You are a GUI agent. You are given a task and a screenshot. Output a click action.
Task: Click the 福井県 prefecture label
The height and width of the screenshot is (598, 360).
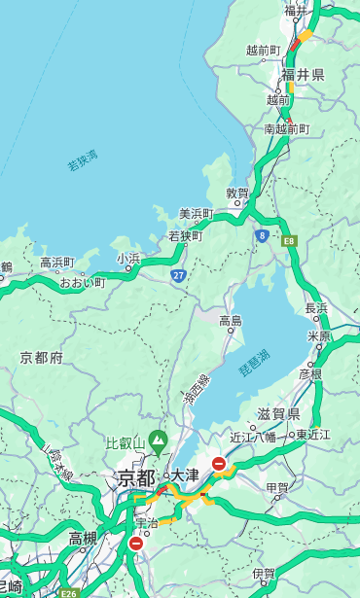coord(303,75)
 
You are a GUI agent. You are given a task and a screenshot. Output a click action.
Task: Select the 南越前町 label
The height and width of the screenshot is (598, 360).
coord(286,128)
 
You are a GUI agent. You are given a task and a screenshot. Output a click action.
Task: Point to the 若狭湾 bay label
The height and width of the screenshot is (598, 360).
coord(82,160)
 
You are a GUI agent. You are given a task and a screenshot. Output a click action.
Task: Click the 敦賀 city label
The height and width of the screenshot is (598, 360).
coord(237,193)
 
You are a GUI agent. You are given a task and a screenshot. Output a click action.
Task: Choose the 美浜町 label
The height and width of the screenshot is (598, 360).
coord(196,214)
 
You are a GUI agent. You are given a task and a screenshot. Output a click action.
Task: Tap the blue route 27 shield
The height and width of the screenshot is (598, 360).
coord(179,276)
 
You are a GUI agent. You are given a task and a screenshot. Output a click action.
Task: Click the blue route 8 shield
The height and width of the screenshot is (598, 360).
coord(262,234)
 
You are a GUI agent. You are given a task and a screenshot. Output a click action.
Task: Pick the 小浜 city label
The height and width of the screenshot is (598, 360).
coord(128,258)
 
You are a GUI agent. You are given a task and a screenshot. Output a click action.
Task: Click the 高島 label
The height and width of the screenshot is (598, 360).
coord(231,320)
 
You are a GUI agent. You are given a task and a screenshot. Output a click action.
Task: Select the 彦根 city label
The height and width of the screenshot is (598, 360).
coord(310,373)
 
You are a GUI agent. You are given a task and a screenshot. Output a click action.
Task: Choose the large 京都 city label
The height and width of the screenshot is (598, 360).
coord(136,477)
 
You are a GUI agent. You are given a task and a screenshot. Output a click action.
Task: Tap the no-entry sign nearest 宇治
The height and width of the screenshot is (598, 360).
coord(135,544)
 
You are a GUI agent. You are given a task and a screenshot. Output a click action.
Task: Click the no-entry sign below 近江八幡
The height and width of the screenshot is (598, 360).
coord(219,464)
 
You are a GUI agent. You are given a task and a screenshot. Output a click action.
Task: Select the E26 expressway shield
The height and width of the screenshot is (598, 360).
coord(69,592)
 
